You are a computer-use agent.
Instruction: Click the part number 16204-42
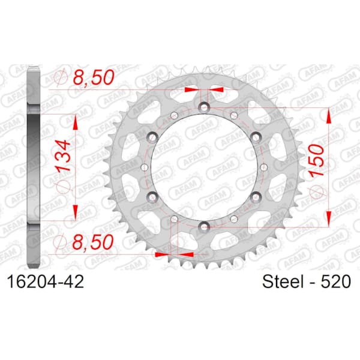pos(46,282)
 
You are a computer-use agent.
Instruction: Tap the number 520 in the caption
pos(335,281)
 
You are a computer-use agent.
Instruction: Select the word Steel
pos(283,281)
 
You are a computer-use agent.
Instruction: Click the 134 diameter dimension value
pos(63,156)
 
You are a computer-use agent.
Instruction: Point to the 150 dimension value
pos(317,161)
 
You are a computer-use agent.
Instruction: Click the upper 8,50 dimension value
pos(94,77)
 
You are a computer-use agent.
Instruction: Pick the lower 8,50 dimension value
pos(93,242)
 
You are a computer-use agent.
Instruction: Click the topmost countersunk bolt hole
pos(203,107)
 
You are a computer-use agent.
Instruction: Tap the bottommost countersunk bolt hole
pos(203,227)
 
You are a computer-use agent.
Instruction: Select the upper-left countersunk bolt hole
pos(152,137)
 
